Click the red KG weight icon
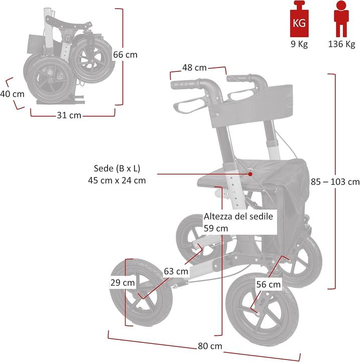coord(300,19)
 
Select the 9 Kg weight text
coord(300,44)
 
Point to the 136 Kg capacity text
coord(341,44)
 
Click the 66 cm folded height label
coord(125,55)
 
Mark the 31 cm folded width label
coord(68,116)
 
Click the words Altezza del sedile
coord(238,217)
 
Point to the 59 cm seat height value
coord(216,228)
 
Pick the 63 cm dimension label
coord(176,271)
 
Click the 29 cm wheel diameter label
coord(123,283)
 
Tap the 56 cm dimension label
coord(268,284)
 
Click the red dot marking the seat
coord(250,173)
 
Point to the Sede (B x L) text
coord(116,168)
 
